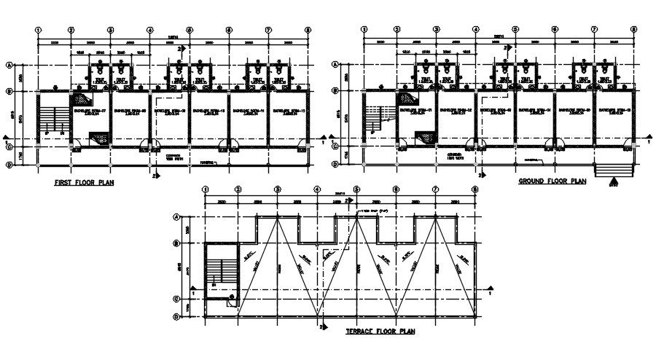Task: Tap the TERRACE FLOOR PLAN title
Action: [x=380, y=332]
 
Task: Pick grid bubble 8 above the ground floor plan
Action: [x=633, y=29]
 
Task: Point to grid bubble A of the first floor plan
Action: [x=10, y=64]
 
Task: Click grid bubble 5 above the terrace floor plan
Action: [x=356, y=190]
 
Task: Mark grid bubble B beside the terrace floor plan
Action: [x=176, y=243]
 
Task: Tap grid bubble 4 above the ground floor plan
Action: [x=475, y=29]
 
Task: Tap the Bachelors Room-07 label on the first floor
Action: [x=89, y=111]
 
